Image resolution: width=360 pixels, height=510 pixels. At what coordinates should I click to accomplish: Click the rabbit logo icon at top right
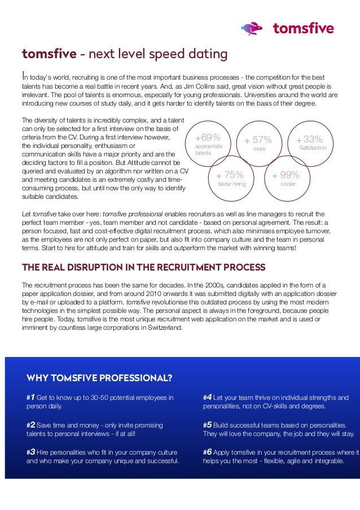pyautogui.click(x=252, y=28)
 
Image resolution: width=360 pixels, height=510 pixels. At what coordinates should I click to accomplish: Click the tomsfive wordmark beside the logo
pyautogui.click(x=303, y=28)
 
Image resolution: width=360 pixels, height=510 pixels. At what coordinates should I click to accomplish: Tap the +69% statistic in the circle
pyautogui.click(x=207, y=138)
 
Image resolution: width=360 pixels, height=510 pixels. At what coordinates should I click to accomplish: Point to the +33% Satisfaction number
pyautogui.click(x=310, y=139)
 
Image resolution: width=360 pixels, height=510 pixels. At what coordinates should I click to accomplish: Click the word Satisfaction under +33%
pyautogui.click(x=313, y=148)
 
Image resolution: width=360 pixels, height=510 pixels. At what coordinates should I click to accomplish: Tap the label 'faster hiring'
pyautogui.click(x=232, y=184)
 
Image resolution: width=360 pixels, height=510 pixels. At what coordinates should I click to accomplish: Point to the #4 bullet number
pyautogui.click(x=207, y=397)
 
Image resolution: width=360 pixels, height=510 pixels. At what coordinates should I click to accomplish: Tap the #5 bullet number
pyautogui.click(x=207, y=425)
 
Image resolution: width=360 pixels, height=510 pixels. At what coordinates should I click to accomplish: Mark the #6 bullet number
pyautogui.click(x=207, y=452)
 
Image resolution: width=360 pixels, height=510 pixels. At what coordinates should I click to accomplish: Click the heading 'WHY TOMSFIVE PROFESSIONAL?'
pyautogui.click(x=99, y=377)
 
